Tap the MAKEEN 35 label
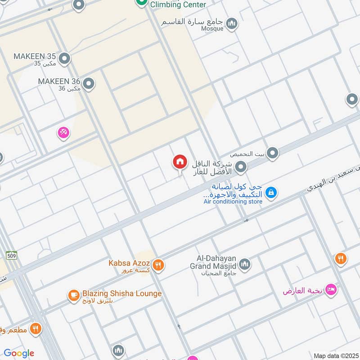[35, 57]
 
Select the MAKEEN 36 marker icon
[89, 83]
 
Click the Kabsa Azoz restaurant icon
[157, 265]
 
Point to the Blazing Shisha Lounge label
[121, 294]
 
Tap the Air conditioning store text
[233, 202]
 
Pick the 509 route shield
[12, 255]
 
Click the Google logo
[19, 353]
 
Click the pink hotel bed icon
[331, 290]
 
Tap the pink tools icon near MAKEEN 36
[63, 132]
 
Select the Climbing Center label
[178, 5]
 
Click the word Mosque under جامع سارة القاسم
[212, 29]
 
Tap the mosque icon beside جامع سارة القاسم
[232, 23]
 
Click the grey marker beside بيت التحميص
[272, 154]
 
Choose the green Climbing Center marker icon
[141, 2]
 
